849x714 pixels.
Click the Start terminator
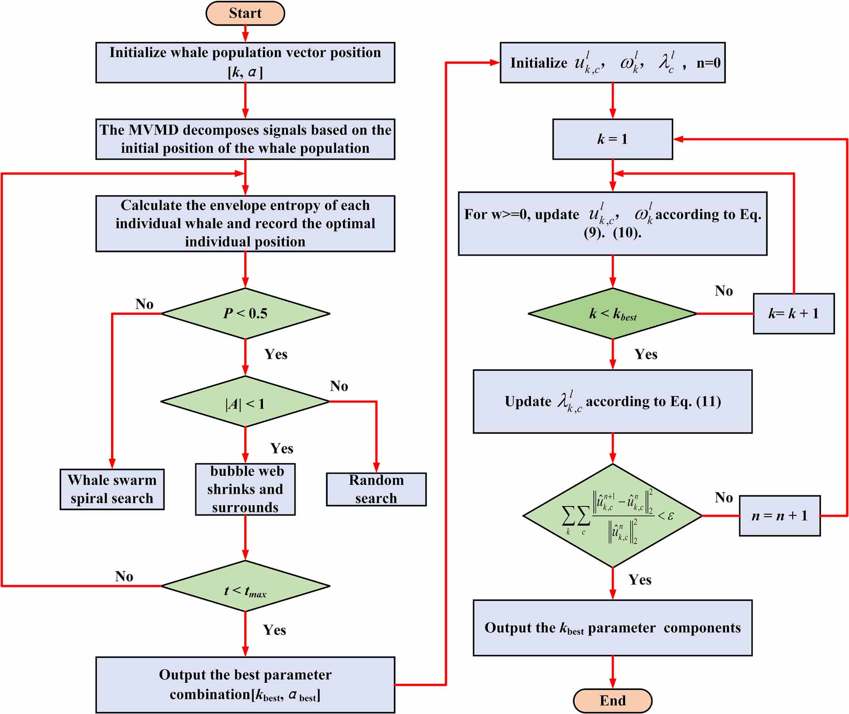[245, 13]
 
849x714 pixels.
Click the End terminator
[612, 700]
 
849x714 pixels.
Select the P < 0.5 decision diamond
[245, 313]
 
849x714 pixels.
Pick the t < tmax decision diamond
[245, 586]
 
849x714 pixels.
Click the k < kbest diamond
[612, 314]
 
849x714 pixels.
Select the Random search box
[376, 489]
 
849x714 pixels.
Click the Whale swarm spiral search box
[112, 489]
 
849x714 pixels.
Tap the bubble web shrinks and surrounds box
[245, 489]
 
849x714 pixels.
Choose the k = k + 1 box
[793, 314]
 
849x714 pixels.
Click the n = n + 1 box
[779, 516]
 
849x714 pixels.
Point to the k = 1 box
[612, 139]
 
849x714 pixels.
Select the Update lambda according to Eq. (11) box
[612, 402]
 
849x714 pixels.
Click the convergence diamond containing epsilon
[612, 516]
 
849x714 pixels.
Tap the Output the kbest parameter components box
[612, 628]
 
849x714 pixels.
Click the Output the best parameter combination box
[245, 685]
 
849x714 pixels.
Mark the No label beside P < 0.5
[144, 304]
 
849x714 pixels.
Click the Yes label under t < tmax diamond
[274, 630]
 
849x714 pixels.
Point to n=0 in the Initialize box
[708, 63]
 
